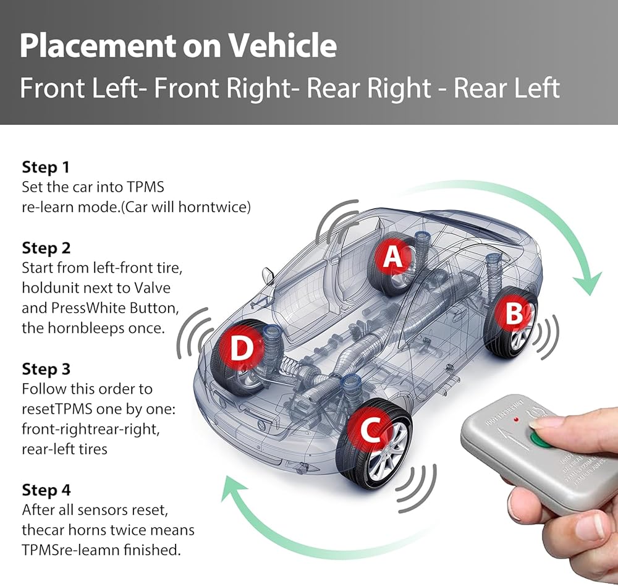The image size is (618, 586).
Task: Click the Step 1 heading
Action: pyautogui.click(x=46, y=167)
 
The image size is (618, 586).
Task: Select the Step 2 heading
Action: pyautogui.click(x=46, y=248)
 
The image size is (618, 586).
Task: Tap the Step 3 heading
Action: pyautogui.click(x=46, y=369)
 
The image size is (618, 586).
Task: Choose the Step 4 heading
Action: pyautogui.click(x=46, y=490)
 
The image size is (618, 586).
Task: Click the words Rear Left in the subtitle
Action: pyautogui.click(x=507, y=88)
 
